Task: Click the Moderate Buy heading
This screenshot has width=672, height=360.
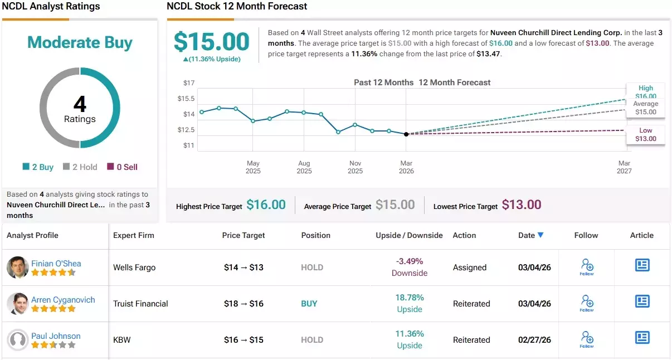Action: click(80, 42)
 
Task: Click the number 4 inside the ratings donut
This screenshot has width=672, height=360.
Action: click(80, 104)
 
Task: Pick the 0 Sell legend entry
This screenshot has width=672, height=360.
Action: click(122, 167)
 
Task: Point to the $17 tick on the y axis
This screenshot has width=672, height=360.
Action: click(189, 83)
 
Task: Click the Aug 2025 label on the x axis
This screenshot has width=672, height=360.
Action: click(304, 167)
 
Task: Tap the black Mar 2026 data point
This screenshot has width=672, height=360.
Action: click(406, 134)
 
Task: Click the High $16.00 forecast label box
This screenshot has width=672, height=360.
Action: click(646, 92)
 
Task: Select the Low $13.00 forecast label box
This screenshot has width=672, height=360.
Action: click(646, 135)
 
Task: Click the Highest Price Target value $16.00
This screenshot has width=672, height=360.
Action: click(266, 205)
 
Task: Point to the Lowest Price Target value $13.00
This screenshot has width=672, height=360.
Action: click(522, 205)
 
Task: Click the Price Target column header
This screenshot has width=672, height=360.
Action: click(244, 235)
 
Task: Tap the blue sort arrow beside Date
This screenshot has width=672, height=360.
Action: click(540, 235)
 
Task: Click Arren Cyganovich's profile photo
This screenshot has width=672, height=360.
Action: click(18, 304)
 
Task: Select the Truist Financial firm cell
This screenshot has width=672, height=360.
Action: click(140, 304)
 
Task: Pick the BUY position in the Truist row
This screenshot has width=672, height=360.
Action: click(309, 304)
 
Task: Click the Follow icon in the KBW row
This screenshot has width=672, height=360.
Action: click(587, 339)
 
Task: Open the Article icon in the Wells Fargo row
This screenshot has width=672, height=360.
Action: click(642, 265)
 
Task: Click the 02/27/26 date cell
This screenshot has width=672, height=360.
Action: click(534, 340)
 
